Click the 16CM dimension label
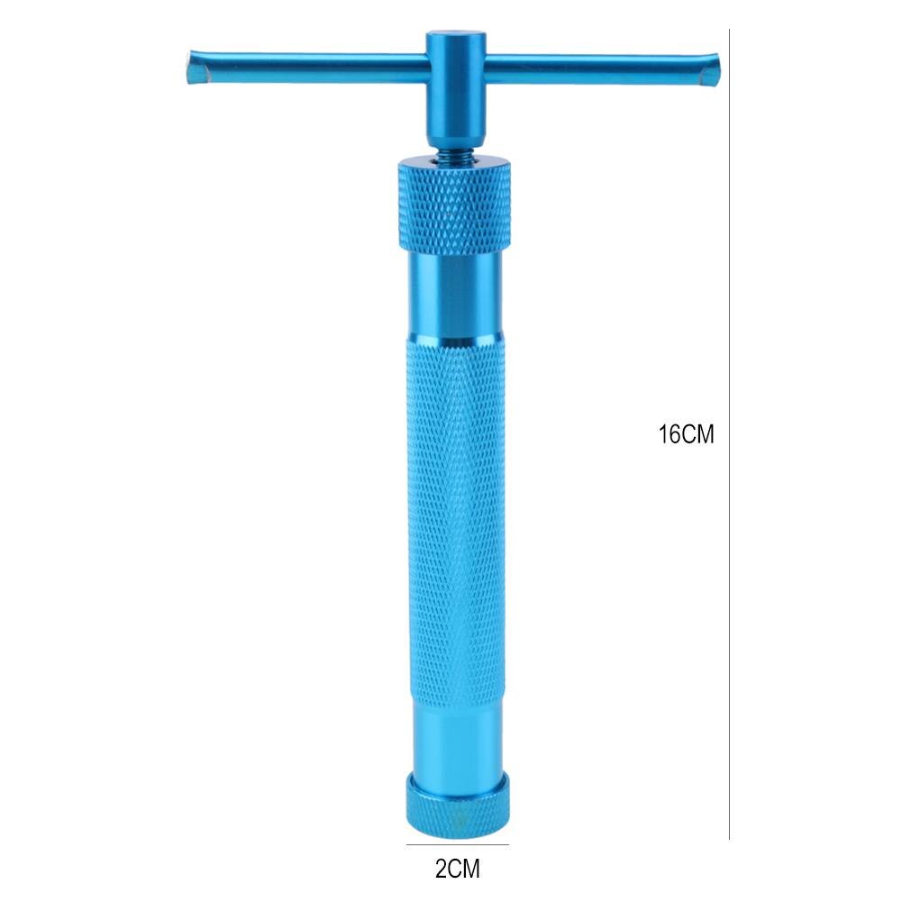tap(686, 434)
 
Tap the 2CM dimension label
tap(458, 870)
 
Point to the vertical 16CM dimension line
tap(728, 270)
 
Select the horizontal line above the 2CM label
tap(458, 844)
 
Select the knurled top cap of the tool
tap(454, 203)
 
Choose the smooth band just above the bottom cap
tap(452, 734)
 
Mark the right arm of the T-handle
tap(595, 68)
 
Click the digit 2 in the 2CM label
tap(441, 870)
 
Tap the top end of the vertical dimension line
tap(728, 31)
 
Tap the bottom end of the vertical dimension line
tap(728, 838)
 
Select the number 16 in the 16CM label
tap(670, 434)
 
